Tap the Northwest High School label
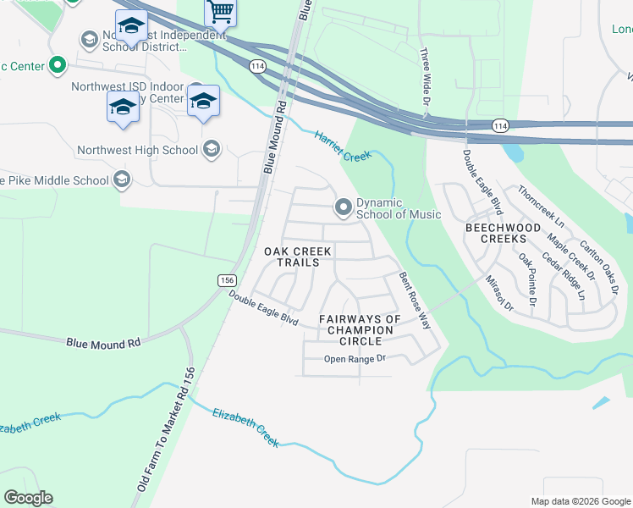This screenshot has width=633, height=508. (x=137, y=151)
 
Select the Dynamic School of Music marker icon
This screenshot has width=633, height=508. (x=344, y=207)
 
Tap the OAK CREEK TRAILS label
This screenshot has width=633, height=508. (x=292, y=257)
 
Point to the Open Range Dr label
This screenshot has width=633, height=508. (x=355, y=359)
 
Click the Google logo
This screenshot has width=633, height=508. (x=28, y=498)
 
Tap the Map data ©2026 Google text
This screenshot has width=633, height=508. (x=580, y=501)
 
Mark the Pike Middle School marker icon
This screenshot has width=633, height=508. (x=122, y=179)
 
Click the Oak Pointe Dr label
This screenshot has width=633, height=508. (x=528, y=279)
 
